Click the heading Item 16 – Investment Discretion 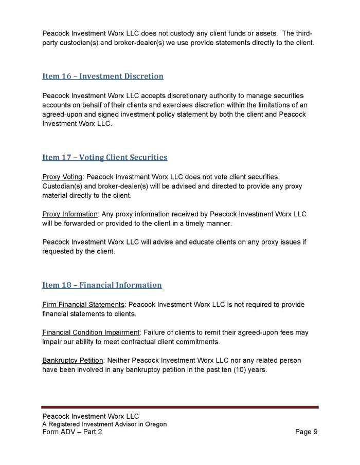(x=103, y=77)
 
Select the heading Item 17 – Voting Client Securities (x=104, y=157)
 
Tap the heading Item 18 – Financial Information (x=102, y=285)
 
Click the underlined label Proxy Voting (x=62, y=177)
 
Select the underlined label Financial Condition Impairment (x=92, y=332)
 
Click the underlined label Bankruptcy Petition (x=73, y=360)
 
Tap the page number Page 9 (x=306, y=432)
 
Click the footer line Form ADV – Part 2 (x=76, y=432)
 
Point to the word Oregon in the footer (x=155, y=424)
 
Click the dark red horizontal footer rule (x=180, y=407)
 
